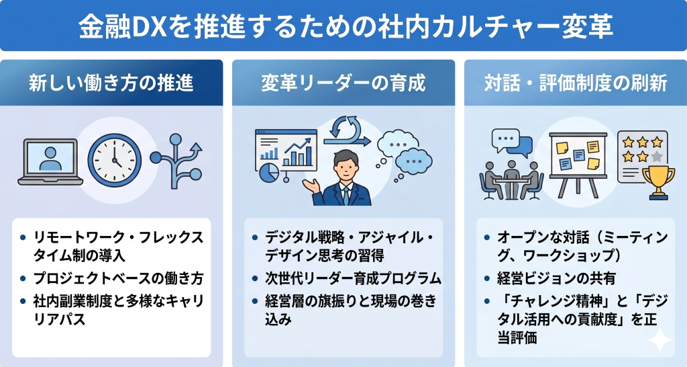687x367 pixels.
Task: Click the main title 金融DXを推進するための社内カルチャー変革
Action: click(343, 26)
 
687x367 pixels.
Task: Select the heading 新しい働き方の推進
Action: click(111, 83)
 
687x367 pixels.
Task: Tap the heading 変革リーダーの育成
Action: click(343, 83)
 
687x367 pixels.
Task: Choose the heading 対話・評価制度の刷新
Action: click(576, 83)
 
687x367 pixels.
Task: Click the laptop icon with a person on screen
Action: click(50, 161)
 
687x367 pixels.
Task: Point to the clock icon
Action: click(114, 161)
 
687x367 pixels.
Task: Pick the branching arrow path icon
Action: click(176, 158)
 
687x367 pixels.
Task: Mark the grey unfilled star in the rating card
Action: click(657, 156)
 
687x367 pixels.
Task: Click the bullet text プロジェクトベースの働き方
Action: click(117, 278)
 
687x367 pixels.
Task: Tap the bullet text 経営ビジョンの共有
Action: click(553, 278)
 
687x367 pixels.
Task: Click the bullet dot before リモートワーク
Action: click(23, 237)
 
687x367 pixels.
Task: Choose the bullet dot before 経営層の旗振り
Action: click(255, 299)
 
